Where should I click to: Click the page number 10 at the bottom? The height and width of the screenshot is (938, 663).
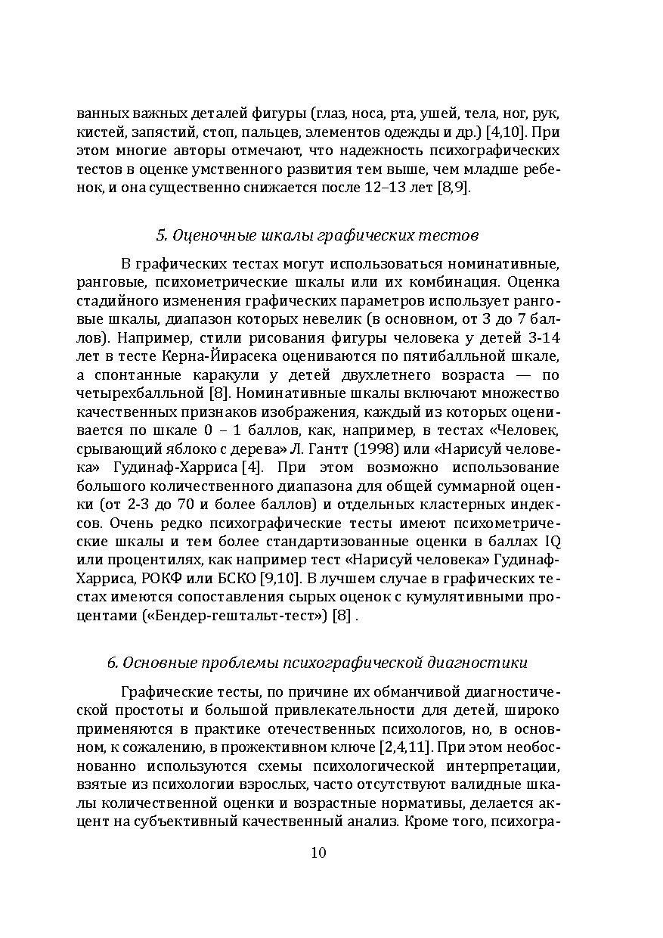pos(318,853)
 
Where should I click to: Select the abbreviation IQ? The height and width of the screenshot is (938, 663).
pos(551,542)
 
